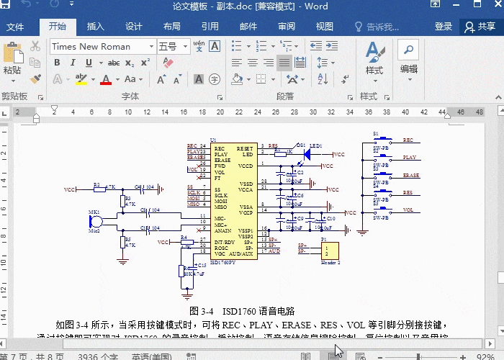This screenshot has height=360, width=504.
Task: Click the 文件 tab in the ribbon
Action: [14, 27]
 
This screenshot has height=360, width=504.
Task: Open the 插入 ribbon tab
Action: [95, 27]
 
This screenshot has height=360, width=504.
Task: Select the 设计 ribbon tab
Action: [134, 27]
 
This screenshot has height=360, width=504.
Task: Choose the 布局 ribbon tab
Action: [172, 27]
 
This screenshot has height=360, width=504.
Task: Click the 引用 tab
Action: [210, 27]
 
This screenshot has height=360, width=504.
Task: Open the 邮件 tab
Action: [248, 27]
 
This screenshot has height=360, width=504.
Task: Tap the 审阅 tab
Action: [287, 27]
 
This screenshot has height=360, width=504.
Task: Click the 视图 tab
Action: [325, 27]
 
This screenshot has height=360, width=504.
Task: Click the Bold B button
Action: [57, 63]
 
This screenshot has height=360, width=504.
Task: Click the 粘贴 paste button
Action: [12, 59]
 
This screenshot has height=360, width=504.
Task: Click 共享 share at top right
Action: [480, 27]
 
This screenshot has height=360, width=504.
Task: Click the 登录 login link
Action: [444, 27]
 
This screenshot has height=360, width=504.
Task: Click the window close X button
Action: [490, 6]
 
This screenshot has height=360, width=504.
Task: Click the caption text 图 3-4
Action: [202, 311]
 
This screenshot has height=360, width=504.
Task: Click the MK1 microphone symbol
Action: [95, 220]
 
